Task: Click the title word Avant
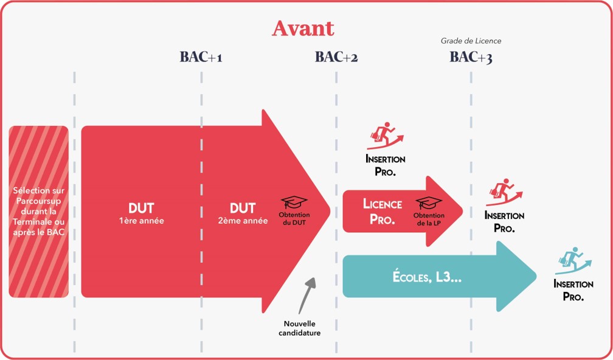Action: pos(302,28)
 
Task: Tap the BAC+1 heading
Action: pos(201,57)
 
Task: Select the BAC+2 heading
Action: pos(336,57)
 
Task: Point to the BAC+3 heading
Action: pos(471,57)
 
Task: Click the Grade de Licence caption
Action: pos(471,41)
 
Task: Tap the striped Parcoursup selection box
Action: pos(38,212)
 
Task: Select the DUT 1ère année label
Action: pos(141,213)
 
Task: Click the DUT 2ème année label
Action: pos(243,213)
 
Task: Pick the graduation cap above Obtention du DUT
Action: pos(294,202)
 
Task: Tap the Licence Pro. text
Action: pos(382,211)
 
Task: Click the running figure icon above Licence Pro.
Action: pos(385,136)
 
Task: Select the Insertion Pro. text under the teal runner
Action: pos(573,290)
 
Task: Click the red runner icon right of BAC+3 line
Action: pos(504,192)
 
